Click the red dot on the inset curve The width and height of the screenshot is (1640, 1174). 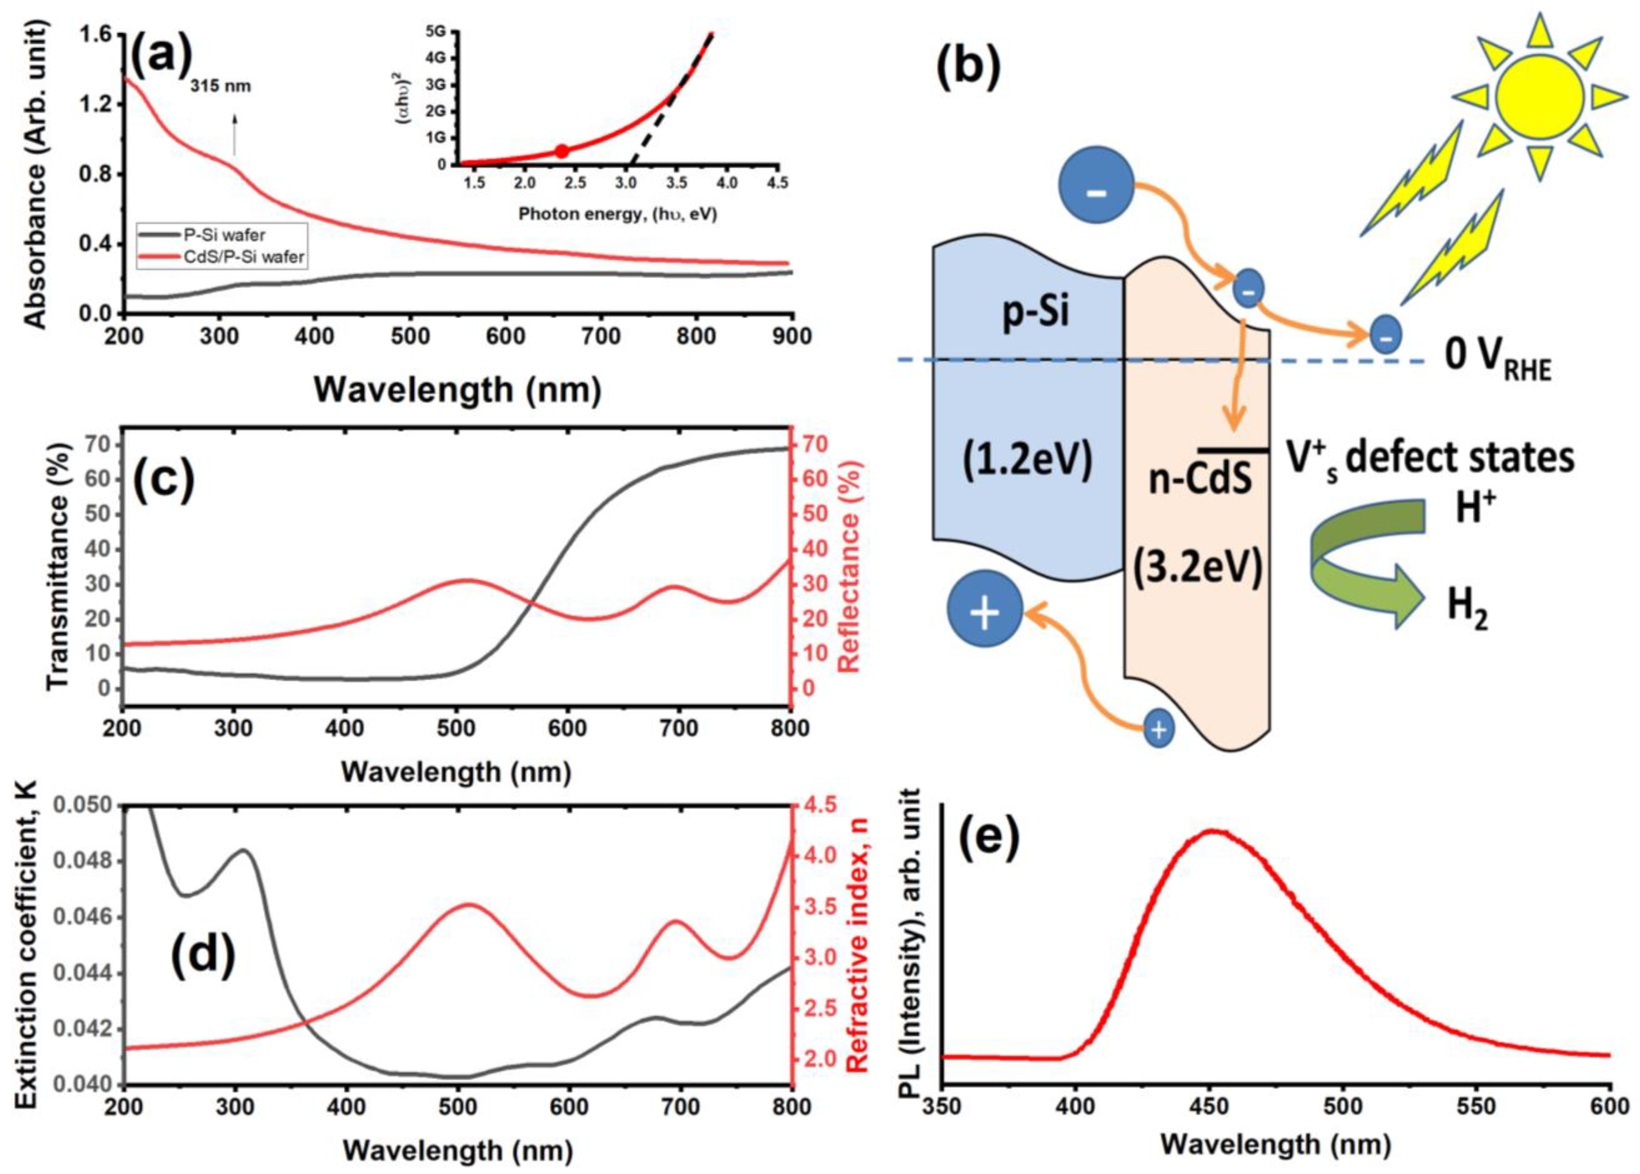click(562, 151)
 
